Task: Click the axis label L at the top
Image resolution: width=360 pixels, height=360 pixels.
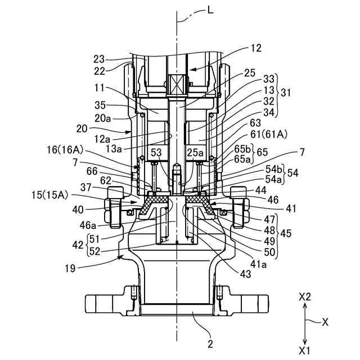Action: tap(210, 10)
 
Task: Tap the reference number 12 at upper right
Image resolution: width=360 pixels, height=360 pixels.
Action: tap(255, 48)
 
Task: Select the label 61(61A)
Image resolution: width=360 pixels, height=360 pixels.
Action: tap(269, 134)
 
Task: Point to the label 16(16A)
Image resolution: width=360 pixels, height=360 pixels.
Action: tap(65, 150)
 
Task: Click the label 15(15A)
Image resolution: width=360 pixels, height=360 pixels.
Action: tap(50, 195)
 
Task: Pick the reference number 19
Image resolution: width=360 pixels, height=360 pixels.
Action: tap(70, 268)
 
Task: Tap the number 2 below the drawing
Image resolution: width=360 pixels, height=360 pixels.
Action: tap(210, 344)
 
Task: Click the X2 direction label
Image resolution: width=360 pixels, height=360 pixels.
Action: tap(305, 298)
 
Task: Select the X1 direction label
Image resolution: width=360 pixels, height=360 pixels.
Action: tap(304, 350)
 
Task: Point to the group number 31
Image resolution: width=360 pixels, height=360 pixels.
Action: tap(285, 92)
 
